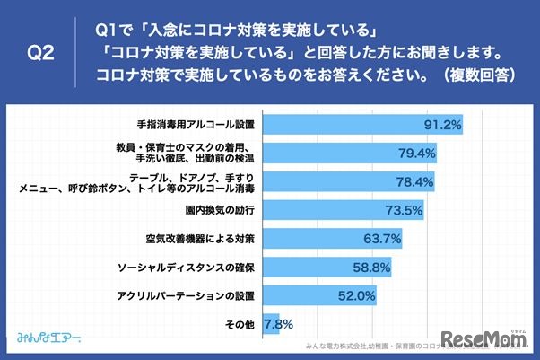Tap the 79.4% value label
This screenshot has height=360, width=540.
coord(416,154)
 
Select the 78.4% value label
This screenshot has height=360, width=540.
coord(414,182)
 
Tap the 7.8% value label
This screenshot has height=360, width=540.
coord(279,324)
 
